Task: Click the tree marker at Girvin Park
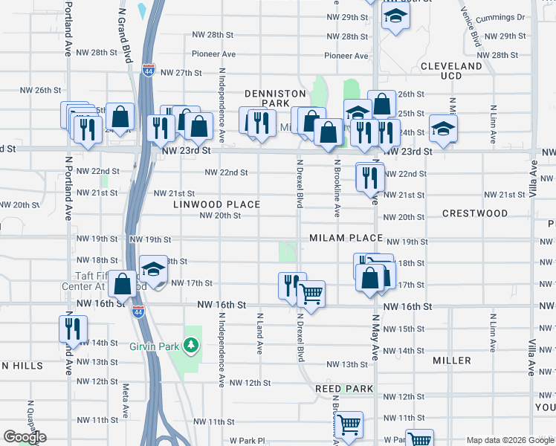click(x=191, y=345)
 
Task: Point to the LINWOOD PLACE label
click(x=216, y=204)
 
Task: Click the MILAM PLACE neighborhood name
click(x=346, y=238)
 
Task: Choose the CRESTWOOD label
click(x=475, y=213)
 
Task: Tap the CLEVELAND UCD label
click(x=451, y=71)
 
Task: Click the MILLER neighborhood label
click(x=452, y=361)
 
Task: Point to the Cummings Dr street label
click(x=502, y=16)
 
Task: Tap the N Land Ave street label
click(x=259, y=332)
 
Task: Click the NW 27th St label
click(x=184, y=72)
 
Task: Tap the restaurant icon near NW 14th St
click(x=73, y=327)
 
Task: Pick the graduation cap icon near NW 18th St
click(x=153, y=269)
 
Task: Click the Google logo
click(x=25, y=437)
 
